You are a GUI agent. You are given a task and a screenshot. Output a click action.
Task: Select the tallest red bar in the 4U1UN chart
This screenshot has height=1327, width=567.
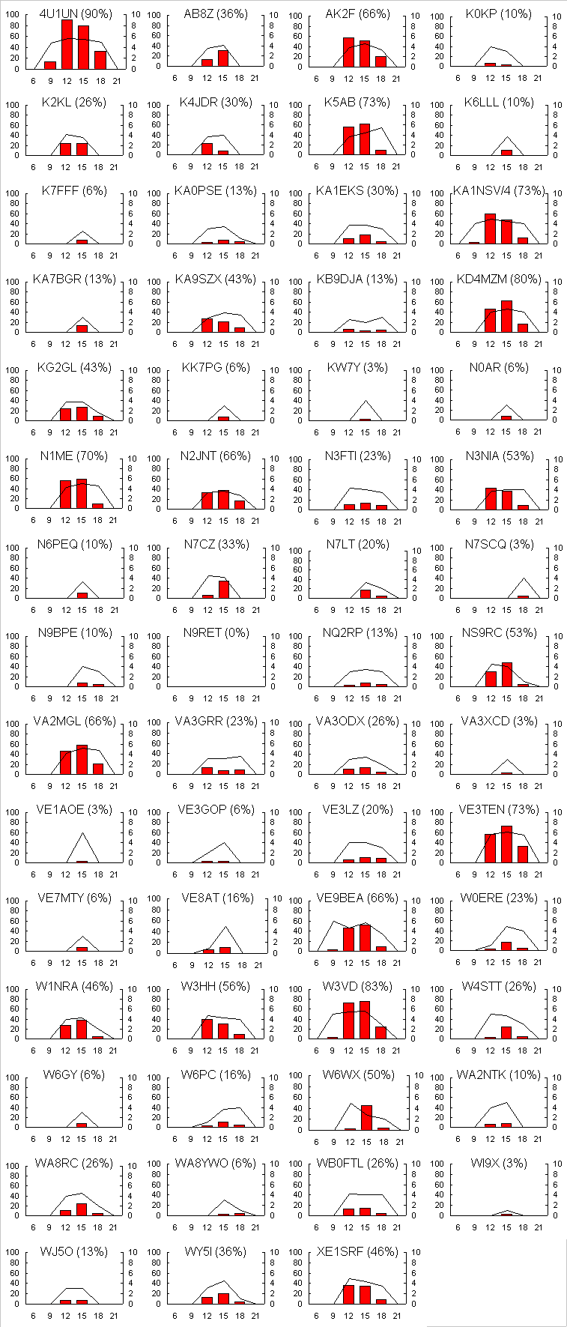click(67, 45)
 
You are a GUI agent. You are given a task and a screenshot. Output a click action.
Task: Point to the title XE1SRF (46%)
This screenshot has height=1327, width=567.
click(357, 1252)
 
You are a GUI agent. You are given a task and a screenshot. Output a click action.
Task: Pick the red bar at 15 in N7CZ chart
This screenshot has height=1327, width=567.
click(224, 590)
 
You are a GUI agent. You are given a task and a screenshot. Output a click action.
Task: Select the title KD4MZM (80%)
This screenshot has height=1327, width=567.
click(499, 279)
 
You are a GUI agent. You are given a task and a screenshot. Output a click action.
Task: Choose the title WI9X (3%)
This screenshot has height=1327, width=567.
click(499, 1164)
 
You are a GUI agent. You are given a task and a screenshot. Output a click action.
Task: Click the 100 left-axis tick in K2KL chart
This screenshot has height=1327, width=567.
click(13, 105)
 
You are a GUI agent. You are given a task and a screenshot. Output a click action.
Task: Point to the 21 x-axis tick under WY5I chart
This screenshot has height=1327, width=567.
click(255, 1316)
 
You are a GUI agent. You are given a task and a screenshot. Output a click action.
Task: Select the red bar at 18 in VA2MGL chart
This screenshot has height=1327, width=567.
click(98, 769)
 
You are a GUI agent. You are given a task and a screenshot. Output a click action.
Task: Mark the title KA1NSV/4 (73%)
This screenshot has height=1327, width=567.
click(499, 191)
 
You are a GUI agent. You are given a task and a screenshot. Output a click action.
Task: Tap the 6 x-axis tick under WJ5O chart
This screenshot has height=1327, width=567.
click(34, 1316)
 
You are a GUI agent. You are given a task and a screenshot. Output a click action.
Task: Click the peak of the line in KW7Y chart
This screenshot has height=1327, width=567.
click(366, 401)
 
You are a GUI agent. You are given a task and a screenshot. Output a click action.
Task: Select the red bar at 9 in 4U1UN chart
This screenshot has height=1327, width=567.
click(50, 65)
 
